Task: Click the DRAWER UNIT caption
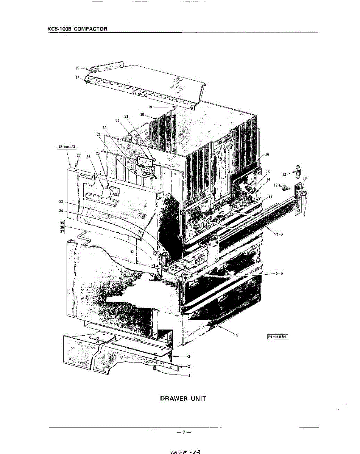pyautogui.click(x=183, y=398)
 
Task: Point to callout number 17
pyautogui.click(x=77, y=68)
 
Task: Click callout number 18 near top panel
pyautogui.click(x=77, y=78)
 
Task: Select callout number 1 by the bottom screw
pyautogui.click(x=189, y=376)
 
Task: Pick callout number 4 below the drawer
pyautogui.click(x=237, y=335)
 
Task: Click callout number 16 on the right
pyautogui.click(x=267, y=154)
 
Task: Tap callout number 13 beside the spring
pyautogui.click(x=284, y=174)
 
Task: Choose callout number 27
pyautogui.click(x=79, y=155)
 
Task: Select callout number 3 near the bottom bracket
pyautogui.click(x=189, y=356)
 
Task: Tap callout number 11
pyautogui.click(x=271, y=197)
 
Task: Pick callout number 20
pyautogui.click(x=142, y=114)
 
